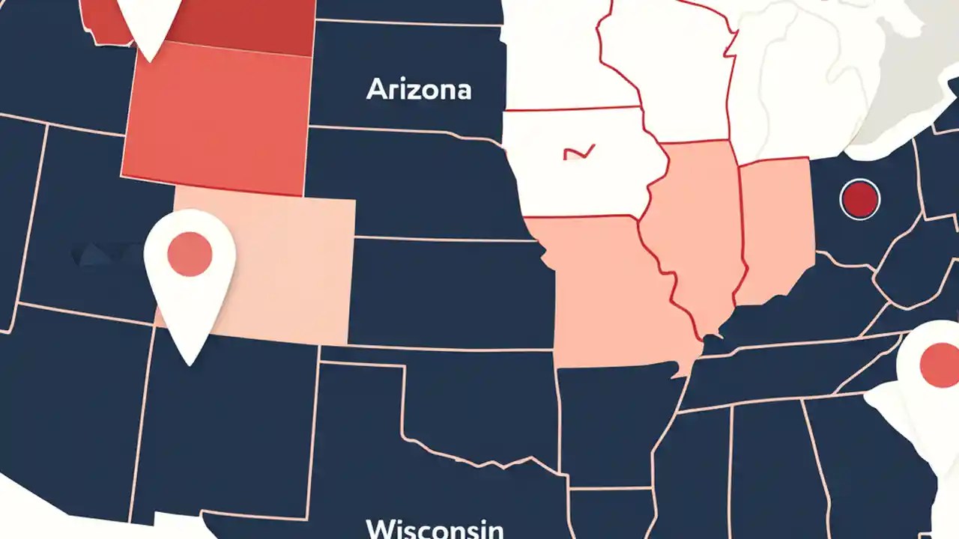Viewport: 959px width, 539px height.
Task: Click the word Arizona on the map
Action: coord(419,90)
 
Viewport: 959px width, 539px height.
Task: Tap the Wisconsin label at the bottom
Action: coord(435,529)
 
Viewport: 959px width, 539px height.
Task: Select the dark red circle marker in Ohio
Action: coord(860,199)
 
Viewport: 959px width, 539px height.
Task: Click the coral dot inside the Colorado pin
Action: coord(190,254)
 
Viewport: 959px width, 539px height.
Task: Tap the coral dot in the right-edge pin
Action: coord(939,364)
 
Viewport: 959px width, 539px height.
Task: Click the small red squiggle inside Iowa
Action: coord(578,152)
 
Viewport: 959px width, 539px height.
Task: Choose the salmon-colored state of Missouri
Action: coord(607,292)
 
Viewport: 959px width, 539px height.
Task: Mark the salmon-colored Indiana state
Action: coord(775,225)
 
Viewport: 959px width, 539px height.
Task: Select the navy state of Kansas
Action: coord(450,292)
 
